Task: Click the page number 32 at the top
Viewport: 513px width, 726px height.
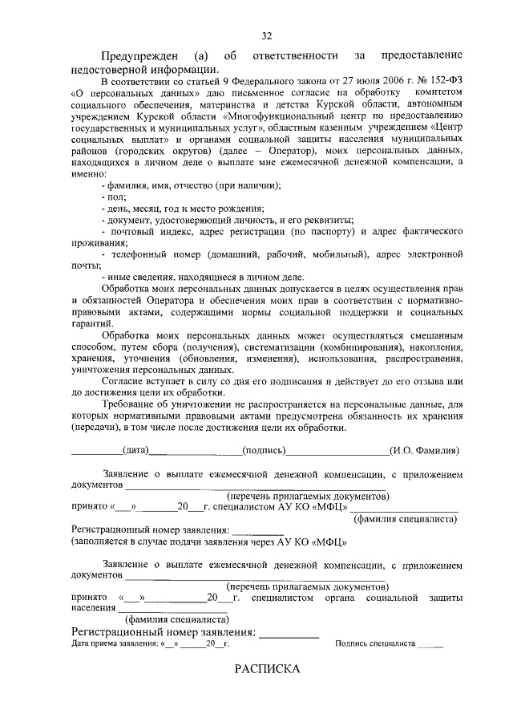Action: click(267, 35)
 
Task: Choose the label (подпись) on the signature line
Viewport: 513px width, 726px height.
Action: click(263, 450)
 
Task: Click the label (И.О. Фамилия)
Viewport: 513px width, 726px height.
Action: click(423, 451)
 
